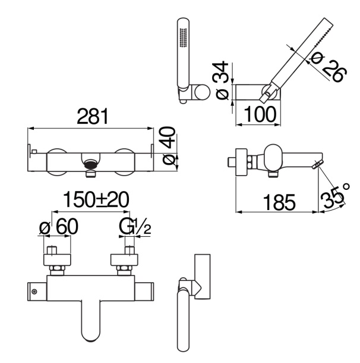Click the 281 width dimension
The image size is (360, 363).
[x=93, y=116]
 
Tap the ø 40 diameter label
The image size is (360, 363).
[x=169, y=145]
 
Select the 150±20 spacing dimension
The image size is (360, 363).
[x=96, y=199]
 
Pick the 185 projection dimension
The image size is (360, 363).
[x=279, y=202]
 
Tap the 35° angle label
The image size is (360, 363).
[x=334, y=195]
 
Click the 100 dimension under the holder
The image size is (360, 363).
[x=260, y=114]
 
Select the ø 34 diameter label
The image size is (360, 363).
[x=222, y=80]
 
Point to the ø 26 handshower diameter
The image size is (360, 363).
[x=329, y=67]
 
